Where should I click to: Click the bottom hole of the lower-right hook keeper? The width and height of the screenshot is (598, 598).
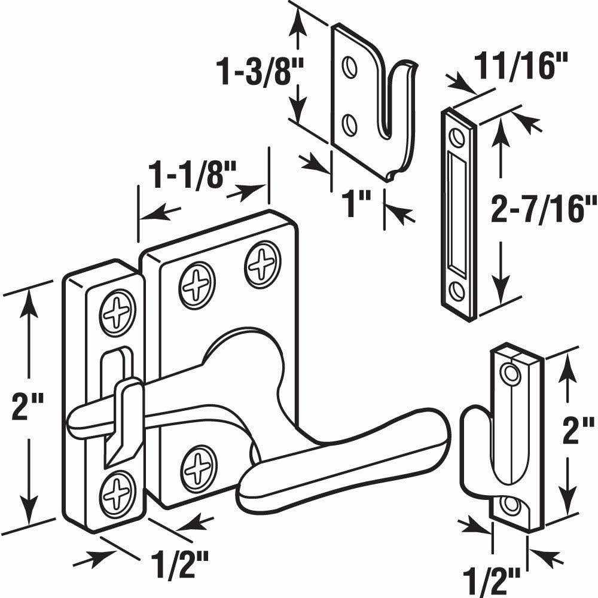510,505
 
